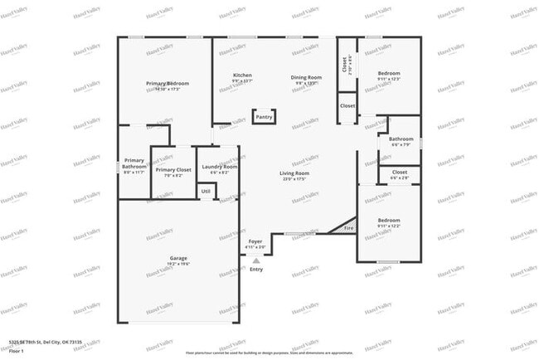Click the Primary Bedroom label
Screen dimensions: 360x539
(x=168, y=84)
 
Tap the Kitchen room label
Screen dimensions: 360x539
(x=242, y=75)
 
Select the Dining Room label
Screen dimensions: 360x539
(x=304, y=77)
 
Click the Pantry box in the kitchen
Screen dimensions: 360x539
(x=264, y=117)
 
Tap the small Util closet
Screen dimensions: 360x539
(x=206, y=191)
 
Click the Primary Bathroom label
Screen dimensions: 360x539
(x=134, y=163)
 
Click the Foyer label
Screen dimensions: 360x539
(x=255, y=241)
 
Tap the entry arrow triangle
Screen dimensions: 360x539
(x=255, y=260)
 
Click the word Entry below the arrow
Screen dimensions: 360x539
(x=256, y=270)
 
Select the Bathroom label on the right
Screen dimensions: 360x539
(x=401, y=139)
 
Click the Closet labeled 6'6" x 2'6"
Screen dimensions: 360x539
(x=400, y=173)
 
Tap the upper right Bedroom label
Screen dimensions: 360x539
(x=390, y=73)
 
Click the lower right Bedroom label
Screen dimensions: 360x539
(x=389, y=220)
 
